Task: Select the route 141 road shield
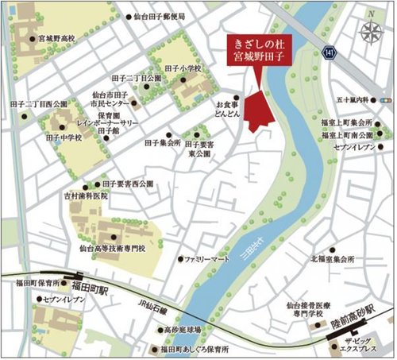pyautogui.click(x=329, y=52)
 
